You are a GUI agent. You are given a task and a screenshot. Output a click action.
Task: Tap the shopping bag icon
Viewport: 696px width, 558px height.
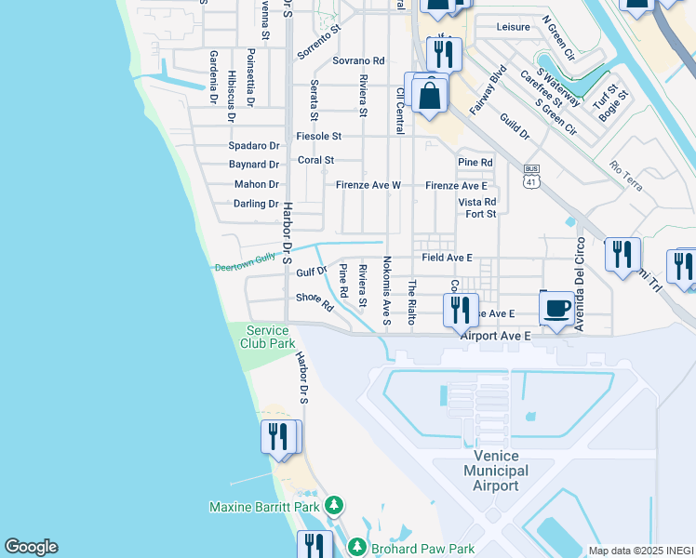(430, 96)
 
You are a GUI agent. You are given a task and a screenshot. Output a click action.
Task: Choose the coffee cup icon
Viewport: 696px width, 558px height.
(557, 309)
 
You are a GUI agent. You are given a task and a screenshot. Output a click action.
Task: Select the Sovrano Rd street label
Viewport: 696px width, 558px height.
(358, 60)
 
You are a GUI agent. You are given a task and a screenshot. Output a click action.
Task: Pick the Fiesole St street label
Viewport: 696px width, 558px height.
(318, 136)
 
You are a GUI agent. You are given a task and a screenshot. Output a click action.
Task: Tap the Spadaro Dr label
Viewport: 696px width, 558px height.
(254, 146)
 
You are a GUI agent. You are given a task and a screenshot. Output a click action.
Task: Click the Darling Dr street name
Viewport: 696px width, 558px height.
(256, 204)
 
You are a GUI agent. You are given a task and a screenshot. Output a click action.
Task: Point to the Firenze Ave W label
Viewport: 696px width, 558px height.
(368, 185)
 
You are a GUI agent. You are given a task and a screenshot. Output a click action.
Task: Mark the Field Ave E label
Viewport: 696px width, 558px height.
(447, 257)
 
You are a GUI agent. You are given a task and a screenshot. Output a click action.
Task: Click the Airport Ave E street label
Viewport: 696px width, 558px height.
(495, 335)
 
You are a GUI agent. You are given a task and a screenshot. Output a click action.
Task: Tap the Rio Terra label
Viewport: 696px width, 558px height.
(626, 176)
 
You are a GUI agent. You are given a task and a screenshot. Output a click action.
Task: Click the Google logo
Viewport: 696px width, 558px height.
(31, 547)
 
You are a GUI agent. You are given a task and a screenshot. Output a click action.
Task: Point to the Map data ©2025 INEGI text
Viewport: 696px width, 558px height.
(640, 551)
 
